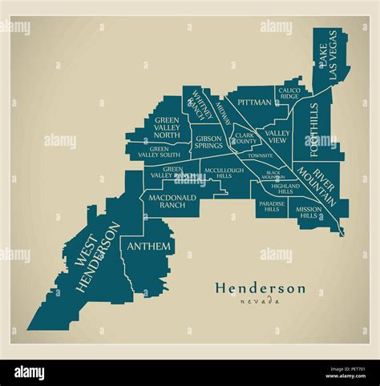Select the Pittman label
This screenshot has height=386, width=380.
point(253,103)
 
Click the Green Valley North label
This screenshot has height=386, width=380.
point(167,128)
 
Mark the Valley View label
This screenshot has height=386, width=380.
point(277,136)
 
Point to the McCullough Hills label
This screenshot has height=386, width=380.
point(224,175)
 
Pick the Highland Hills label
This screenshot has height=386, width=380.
point(285,189)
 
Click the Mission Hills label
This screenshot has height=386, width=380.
point(309,212)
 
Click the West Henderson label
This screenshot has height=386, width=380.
point(95,260)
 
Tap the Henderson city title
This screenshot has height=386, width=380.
point(259,287)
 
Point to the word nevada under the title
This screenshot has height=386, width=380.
point(260,301)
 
